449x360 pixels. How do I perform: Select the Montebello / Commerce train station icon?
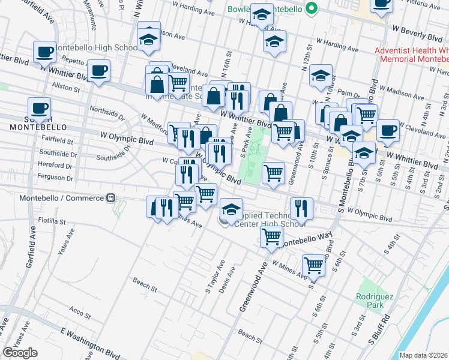110,198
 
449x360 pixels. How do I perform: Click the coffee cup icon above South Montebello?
40,109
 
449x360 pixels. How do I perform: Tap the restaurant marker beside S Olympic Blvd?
301,208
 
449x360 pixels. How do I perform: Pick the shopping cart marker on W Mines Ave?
313,264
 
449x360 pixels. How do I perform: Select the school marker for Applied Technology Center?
231,209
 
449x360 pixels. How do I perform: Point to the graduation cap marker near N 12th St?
321,76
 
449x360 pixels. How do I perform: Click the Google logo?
20,353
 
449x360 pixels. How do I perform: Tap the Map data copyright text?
423,355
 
